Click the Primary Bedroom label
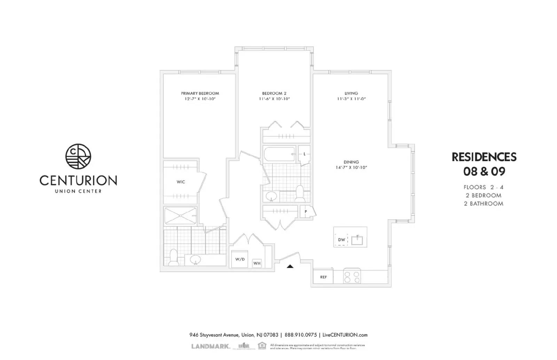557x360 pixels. click(200, 93)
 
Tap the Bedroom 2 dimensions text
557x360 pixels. click(274, 99)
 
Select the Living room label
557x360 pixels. click(351, 93)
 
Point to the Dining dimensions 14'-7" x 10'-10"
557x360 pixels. click(351, 167)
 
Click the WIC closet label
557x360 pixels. click(181, 182)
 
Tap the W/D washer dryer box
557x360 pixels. click(240, 259)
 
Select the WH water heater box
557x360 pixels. click(257, 263)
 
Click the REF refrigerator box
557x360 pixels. click(323, 277)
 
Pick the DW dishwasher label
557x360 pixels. click(342, 240)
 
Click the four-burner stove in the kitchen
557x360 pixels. click(352, 277)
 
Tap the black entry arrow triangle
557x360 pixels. click(290, 266)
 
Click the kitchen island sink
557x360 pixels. click(357, 240)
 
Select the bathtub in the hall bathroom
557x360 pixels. click(280, 154)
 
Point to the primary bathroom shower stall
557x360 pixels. click(180, 216)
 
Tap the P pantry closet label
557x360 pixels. click(306, 211)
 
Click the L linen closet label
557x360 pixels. click(304, 154)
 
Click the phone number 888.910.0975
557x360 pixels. click(300, 335)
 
